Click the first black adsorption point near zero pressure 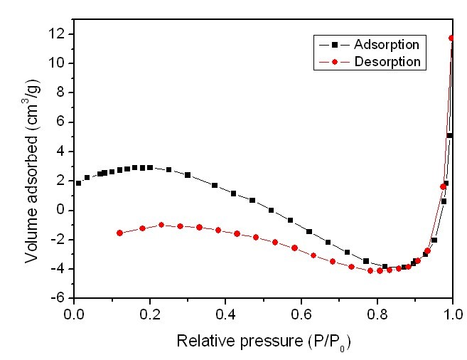point(78,183)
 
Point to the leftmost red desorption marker point(119,233)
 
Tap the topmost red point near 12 point(451,38)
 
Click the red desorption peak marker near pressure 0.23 point(161,225)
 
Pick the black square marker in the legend point(333,44)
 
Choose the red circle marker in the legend point(333,62)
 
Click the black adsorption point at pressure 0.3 point(188,175)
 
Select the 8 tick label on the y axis point(63,92)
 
